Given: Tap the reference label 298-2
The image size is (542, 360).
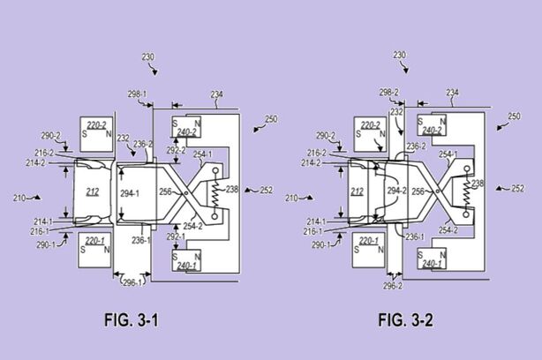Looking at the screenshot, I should click(389, 92).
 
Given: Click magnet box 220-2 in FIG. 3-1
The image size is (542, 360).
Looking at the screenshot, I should click(96, 131).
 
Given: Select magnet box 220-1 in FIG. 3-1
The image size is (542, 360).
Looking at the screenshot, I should click(96, 244).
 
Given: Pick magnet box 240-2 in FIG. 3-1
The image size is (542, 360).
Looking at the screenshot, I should click(186, 128).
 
